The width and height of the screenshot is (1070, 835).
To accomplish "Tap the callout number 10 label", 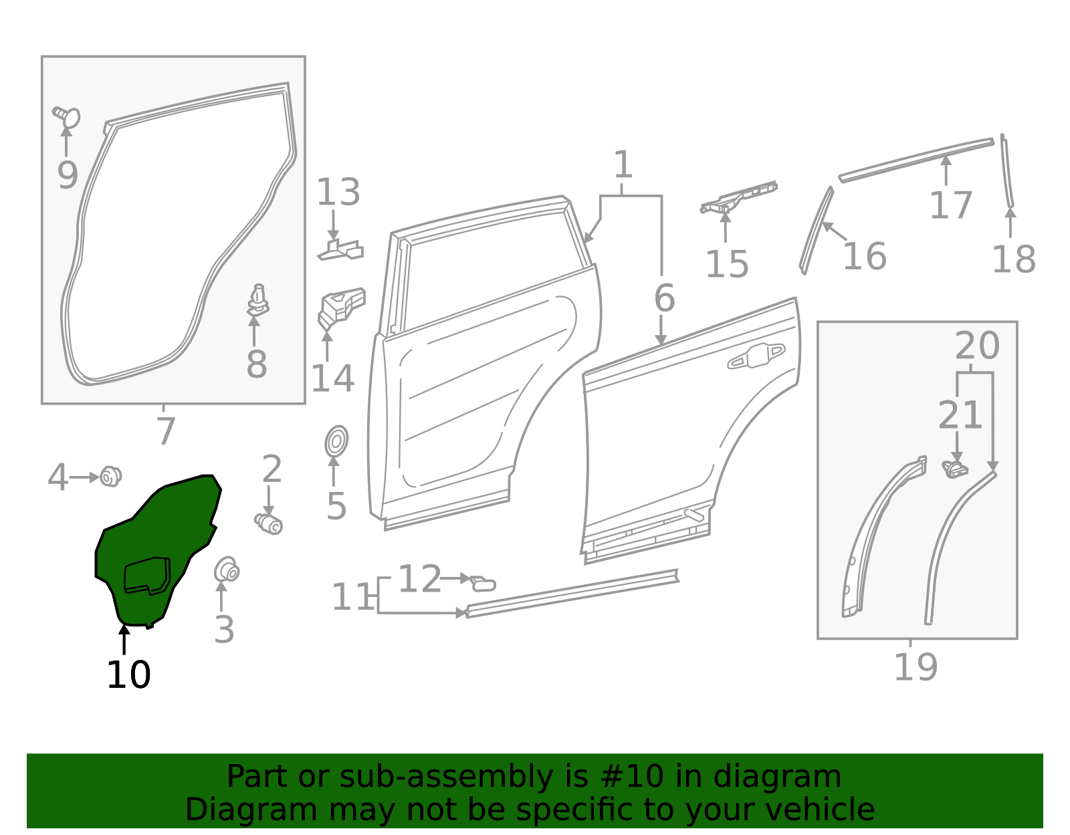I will (128, 675).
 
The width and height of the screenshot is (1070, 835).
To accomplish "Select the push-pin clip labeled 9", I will (67, 117).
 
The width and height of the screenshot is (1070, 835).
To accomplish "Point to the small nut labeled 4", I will (110, 477).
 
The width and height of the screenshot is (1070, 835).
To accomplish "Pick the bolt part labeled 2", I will (269, 523).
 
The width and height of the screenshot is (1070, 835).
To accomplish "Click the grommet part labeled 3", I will (227, 570).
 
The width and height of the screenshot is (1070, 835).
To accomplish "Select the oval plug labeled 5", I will (336, 442).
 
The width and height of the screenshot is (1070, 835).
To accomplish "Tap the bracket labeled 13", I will (341, 249).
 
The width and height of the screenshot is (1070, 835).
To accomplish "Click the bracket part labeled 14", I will (341, 307).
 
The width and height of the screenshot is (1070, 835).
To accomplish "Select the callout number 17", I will (950, 205).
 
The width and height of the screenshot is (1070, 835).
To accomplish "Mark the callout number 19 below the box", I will (916, 667).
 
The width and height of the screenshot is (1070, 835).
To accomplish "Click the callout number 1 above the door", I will (623, 164).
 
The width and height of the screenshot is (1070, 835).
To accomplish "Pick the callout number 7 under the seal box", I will (165, 431).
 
